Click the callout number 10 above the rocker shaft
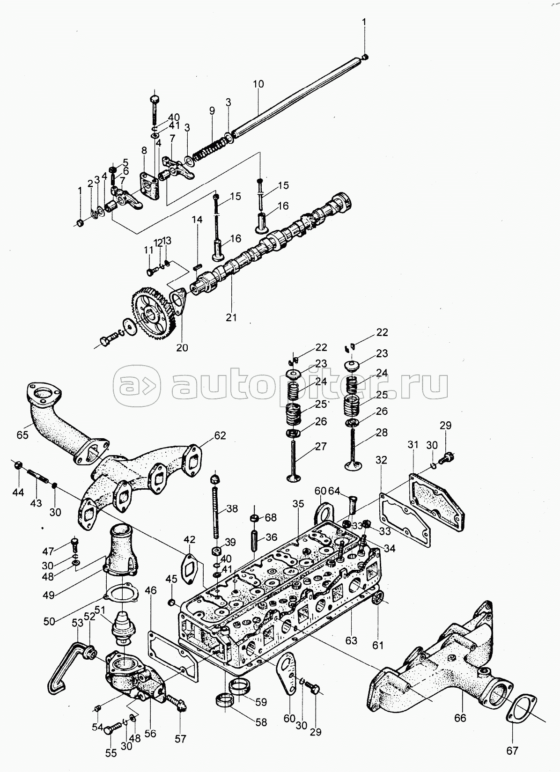pos(258,84)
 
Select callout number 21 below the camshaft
pos(231,317)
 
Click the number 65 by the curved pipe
pos(22,434)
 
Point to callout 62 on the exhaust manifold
pos(220,435)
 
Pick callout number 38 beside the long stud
pos(232,509)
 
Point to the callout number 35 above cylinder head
pos(298,504)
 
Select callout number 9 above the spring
pos(212,110)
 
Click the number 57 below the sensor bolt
pos(180,739)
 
